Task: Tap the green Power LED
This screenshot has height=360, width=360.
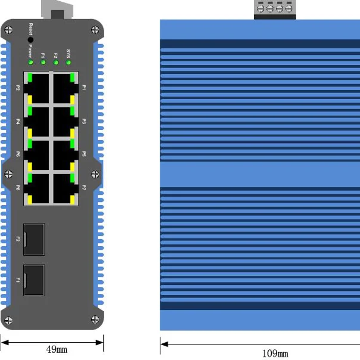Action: click(x=30, y=62)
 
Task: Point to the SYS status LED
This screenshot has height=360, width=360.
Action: click(x=69, y=62)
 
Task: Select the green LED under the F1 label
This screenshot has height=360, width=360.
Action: click(x=43, y=62)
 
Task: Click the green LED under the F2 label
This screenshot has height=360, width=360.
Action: click(x=56, y=62)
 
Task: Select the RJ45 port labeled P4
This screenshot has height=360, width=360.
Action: click(x=37, y=122)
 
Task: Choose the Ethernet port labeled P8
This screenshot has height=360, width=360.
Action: click(x=37, y=189)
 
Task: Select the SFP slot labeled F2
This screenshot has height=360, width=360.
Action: click(x=35, y=239)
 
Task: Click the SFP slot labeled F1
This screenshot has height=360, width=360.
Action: click(x=35, y=279)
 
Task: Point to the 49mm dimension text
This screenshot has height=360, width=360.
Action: click(x=57, y=349)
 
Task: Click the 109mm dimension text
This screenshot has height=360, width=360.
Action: click(x=275, y=353)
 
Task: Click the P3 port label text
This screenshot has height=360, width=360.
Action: click(x=84, y=121)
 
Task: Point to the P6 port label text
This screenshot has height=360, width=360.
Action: click(x=18, y=154)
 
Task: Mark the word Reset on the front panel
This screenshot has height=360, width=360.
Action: click(x=31, y=28)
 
